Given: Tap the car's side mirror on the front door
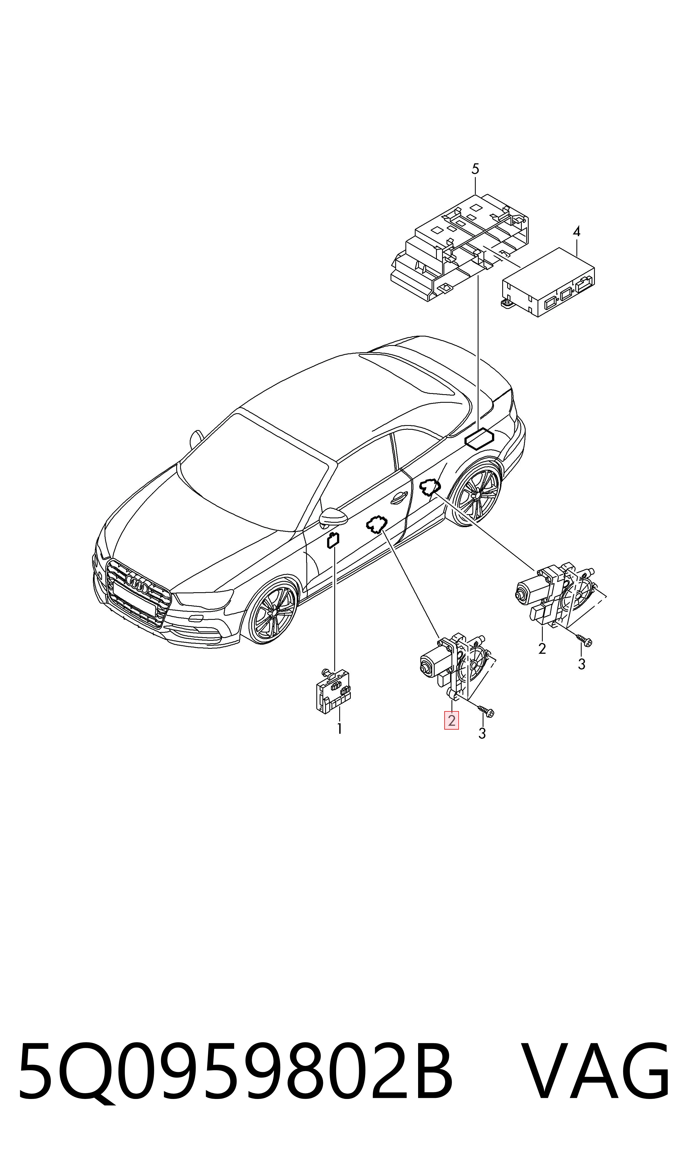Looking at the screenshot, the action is click(332, 517).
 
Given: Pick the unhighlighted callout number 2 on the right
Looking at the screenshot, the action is click(542, 649).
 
